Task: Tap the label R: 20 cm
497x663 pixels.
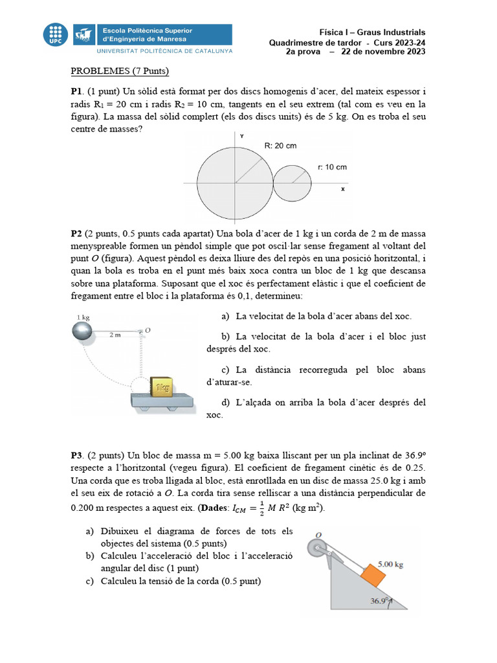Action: coord(280,146)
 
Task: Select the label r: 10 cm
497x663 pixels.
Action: coord(332,167)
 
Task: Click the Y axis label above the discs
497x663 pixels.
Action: coord(241,137)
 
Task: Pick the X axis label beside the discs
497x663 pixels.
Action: coord(342,190)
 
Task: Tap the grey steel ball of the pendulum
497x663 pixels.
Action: coord(83,331)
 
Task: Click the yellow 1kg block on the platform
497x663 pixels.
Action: coord(161,386)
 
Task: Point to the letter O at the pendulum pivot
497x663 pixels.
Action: coord(148,330)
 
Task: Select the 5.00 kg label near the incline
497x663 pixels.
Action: coord(390,565)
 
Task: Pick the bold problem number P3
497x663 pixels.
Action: coord(77,455)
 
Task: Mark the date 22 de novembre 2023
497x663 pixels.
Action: coord(383,52)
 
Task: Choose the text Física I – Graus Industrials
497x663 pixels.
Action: coord(372,32)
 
